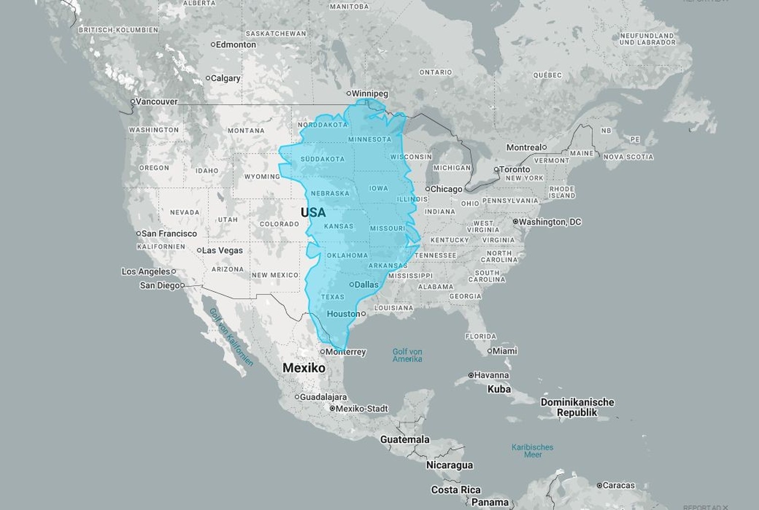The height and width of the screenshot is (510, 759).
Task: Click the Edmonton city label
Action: pyautogui.click(x=236, y=44)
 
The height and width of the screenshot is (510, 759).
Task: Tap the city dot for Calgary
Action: pyautogui.click(x=208, y=78)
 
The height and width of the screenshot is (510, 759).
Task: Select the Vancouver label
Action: pyautogui.click(x=156, y=102)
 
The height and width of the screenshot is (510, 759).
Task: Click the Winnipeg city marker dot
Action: pyautogui.click(x=348, y=93)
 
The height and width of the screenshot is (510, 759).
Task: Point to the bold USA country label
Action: pyautogui.click(x=313, y=212)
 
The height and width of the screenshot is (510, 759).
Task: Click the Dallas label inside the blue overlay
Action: pyautogui.click(x=367, y=285)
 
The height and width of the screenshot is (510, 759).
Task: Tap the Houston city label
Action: pyautogui.click(x=343, y=314)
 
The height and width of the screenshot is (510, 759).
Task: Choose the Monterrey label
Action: pyautogui.click(x=346, y=352)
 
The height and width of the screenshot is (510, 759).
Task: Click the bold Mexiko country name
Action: pyautogui.click(x=304, y=368)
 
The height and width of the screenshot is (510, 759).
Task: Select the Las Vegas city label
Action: pyautogui.click(x=222, y=251)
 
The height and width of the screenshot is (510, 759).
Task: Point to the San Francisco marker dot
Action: pyautogui.click(x=138, y=233)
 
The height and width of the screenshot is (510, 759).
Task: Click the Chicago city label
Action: pyautogui.click(x=446, y=189)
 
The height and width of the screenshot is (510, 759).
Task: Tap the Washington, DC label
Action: pyautogui.click(x=550, y=222)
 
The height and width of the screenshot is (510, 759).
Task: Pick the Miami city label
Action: pyautogui.click(x=505, y=351)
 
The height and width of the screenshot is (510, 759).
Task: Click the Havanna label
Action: pyautogui.click(x=492, y=375)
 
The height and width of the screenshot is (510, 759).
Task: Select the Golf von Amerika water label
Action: pyautogui.click(x=407, y=355)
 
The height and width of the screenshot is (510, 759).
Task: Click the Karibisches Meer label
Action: pyautogui.click(x=533, y=451)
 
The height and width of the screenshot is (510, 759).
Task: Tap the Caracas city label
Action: pyautogui.click(x=619, y=485)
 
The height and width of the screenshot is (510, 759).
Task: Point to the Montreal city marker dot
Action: pyautogui.click(x=544, y=147)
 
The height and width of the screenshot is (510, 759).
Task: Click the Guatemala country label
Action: pyautogui.click(x=405, y=439)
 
